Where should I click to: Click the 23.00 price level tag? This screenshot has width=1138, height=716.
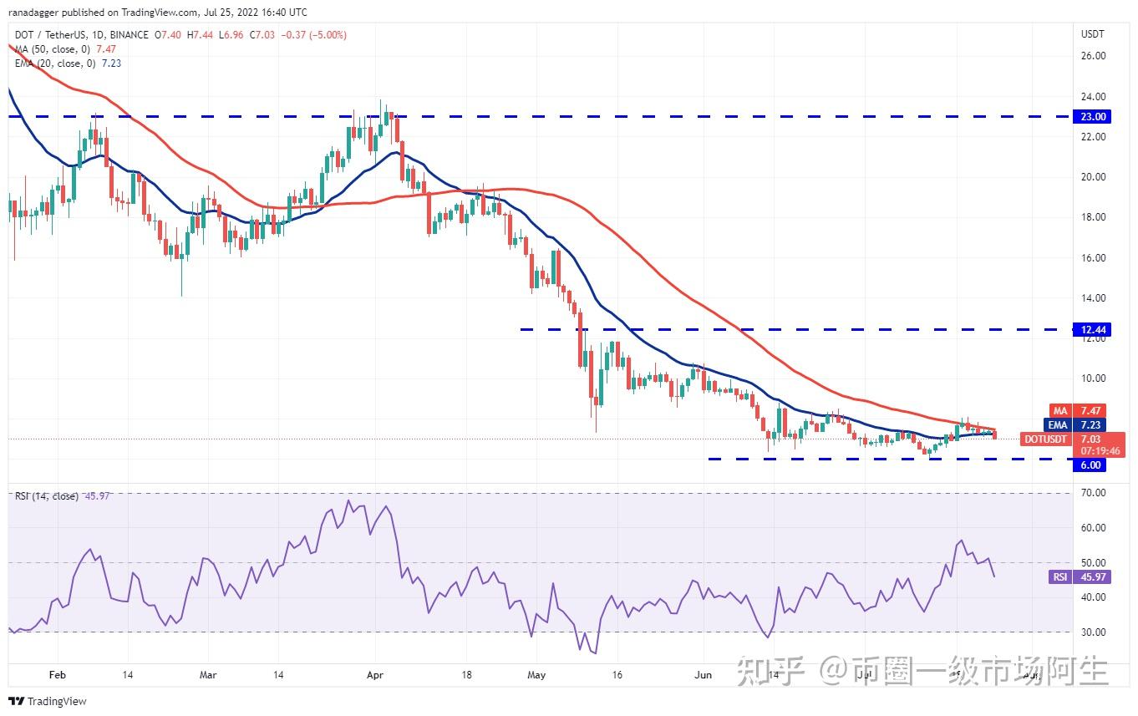[x=1093, y=117]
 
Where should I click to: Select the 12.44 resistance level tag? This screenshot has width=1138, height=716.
[x=1093, y=330]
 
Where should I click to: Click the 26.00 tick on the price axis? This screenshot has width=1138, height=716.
[x=1093, y=56]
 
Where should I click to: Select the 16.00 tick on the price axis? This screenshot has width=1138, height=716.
[x=1093, y=257]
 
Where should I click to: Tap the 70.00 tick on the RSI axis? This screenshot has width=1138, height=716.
[x=1093, y=493]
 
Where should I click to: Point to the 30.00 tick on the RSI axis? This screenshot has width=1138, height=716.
[x=1093, y=632]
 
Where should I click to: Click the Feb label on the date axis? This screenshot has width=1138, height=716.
[x=57, y=674]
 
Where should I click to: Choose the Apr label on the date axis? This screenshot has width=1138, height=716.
[x=375, y=674]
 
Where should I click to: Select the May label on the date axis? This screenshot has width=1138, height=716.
[x=536, y=674]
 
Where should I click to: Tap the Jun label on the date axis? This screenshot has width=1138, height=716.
[x=704, y=674]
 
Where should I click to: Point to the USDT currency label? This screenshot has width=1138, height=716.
[x=1093, y=34]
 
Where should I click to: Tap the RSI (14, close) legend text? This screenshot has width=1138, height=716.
[x=47, y=496]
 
